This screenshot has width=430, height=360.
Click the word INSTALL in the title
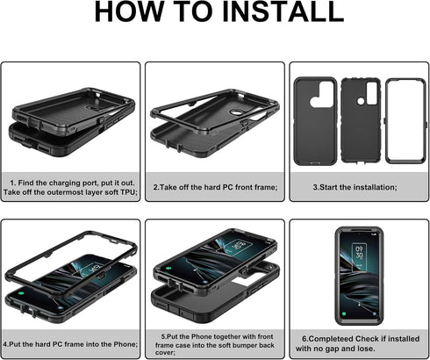point(283,11)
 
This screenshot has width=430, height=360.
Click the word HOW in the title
point(124,11)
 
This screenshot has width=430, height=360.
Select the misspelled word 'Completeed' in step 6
point(331,339)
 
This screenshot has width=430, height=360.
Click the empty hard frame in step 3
point(405,120)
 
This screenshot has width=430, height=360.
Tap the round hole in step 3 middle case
point(361,101)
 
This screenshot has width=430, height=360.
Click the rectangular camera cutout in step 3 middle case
point(372,93)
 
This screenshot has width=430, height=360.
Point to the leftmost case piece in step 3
point(315,121)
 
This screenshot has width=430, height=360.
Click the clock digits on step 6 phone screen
point(359,252)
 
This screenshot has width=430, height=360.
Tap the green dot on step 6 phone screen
point(344,314)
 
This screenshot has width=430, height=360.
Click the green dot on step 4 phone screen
point(21,292)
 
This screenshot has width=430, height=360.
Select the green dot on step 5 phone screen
point(168,268)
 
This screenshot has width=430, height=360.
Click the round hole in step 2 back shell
point(234,112)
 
